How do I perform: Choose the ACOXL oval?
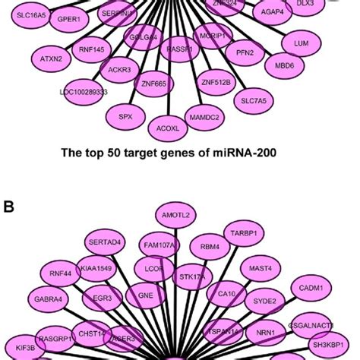167,128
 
